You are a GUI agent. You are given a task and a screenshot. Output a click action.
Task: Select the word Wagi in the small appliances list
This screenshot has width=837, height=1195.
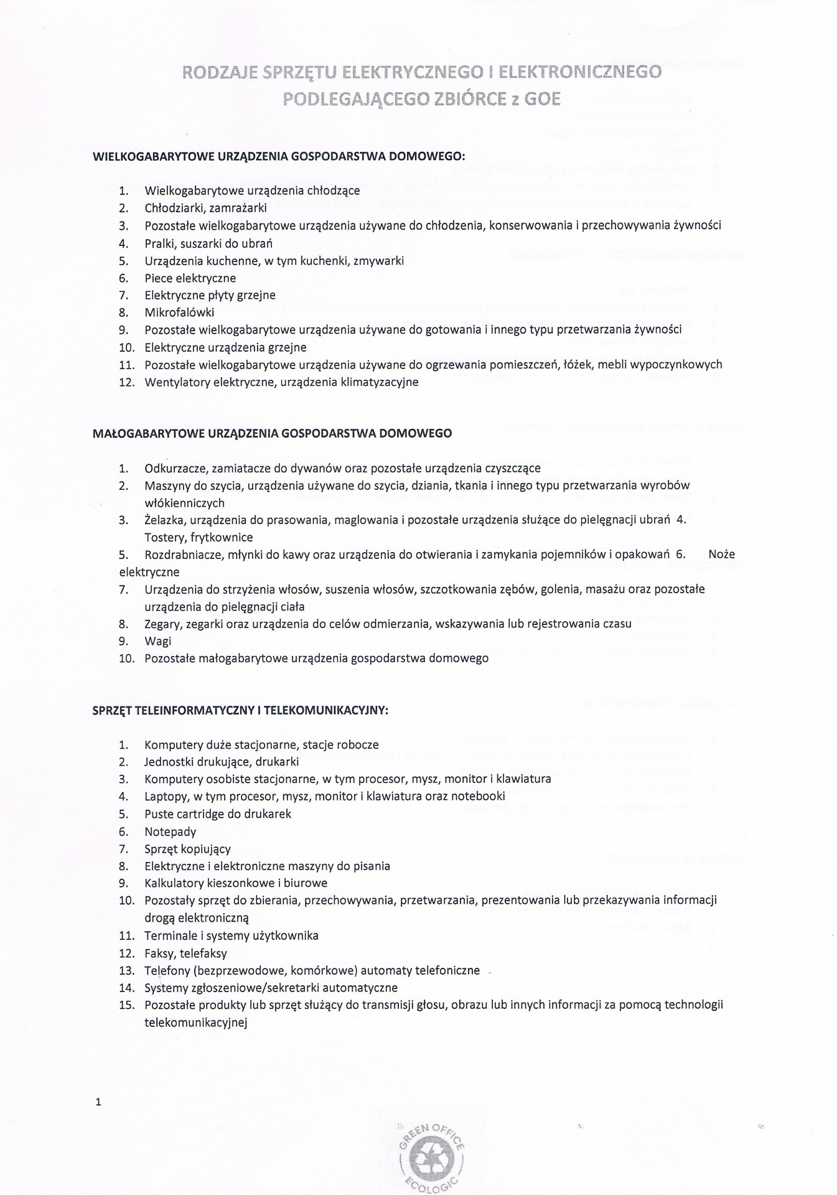(x=157, y=641)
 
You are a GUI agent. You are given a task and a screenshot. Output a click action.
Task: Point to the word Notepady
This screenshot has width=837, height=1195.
(x=170, y=832)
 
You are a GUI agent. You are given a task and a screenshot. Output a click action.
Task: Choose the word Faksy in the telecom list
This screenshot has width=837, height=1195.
(x=159, y=953)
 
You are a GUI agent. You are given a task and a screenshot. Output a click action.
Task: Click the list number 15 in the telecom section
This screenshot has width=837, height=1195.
(x=126, y=1005)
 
